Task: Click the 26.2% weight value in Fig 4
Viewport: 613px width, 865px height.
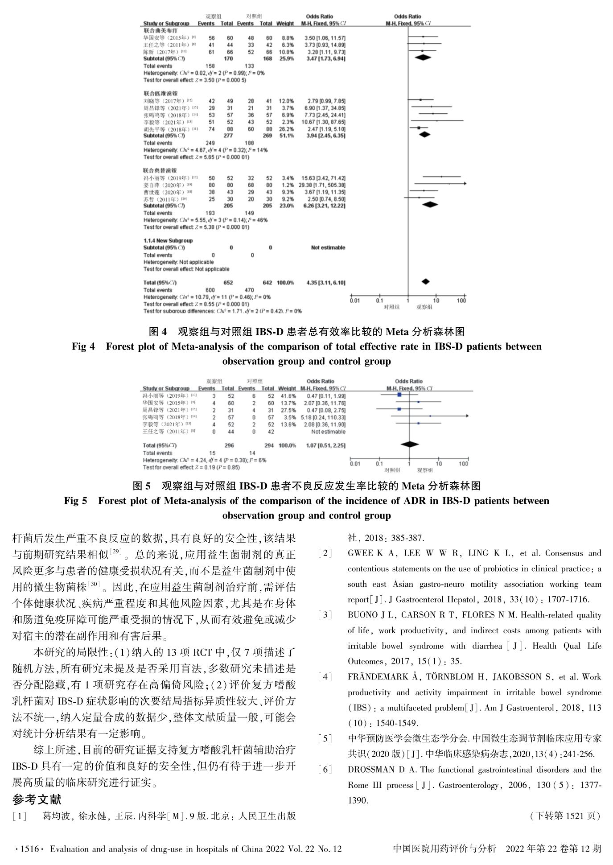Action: (286, 129)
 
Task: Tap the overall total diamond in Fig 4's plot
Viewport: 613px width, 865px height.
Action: (425, 281)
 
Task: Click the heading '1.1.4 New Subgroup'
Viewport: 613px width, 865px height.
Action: (168, 241)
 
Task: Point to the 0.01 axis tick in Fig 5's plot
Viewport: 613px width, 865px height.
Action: (355, 464)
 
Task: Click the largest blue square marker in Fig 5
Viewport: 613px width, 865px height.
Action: (399, 395)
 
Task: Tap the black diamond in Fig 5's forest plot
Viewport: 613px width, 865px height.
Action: (410, 444)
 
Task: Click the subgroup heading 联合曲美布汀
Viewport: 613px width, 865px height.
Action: (160, 31)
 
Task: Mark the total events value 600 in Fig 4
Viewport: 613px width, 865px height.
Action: (210, 290)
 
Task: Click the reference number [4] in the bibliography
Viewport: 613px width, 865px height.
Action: (325, 677)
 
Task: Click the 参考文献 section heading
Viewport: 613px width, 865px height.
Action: (37, 799)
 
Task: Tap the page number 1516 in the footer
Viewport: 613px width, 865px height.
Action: (29, 849)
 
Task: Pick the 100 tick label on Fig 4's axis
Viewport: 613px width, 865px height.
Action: (461, 301)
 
